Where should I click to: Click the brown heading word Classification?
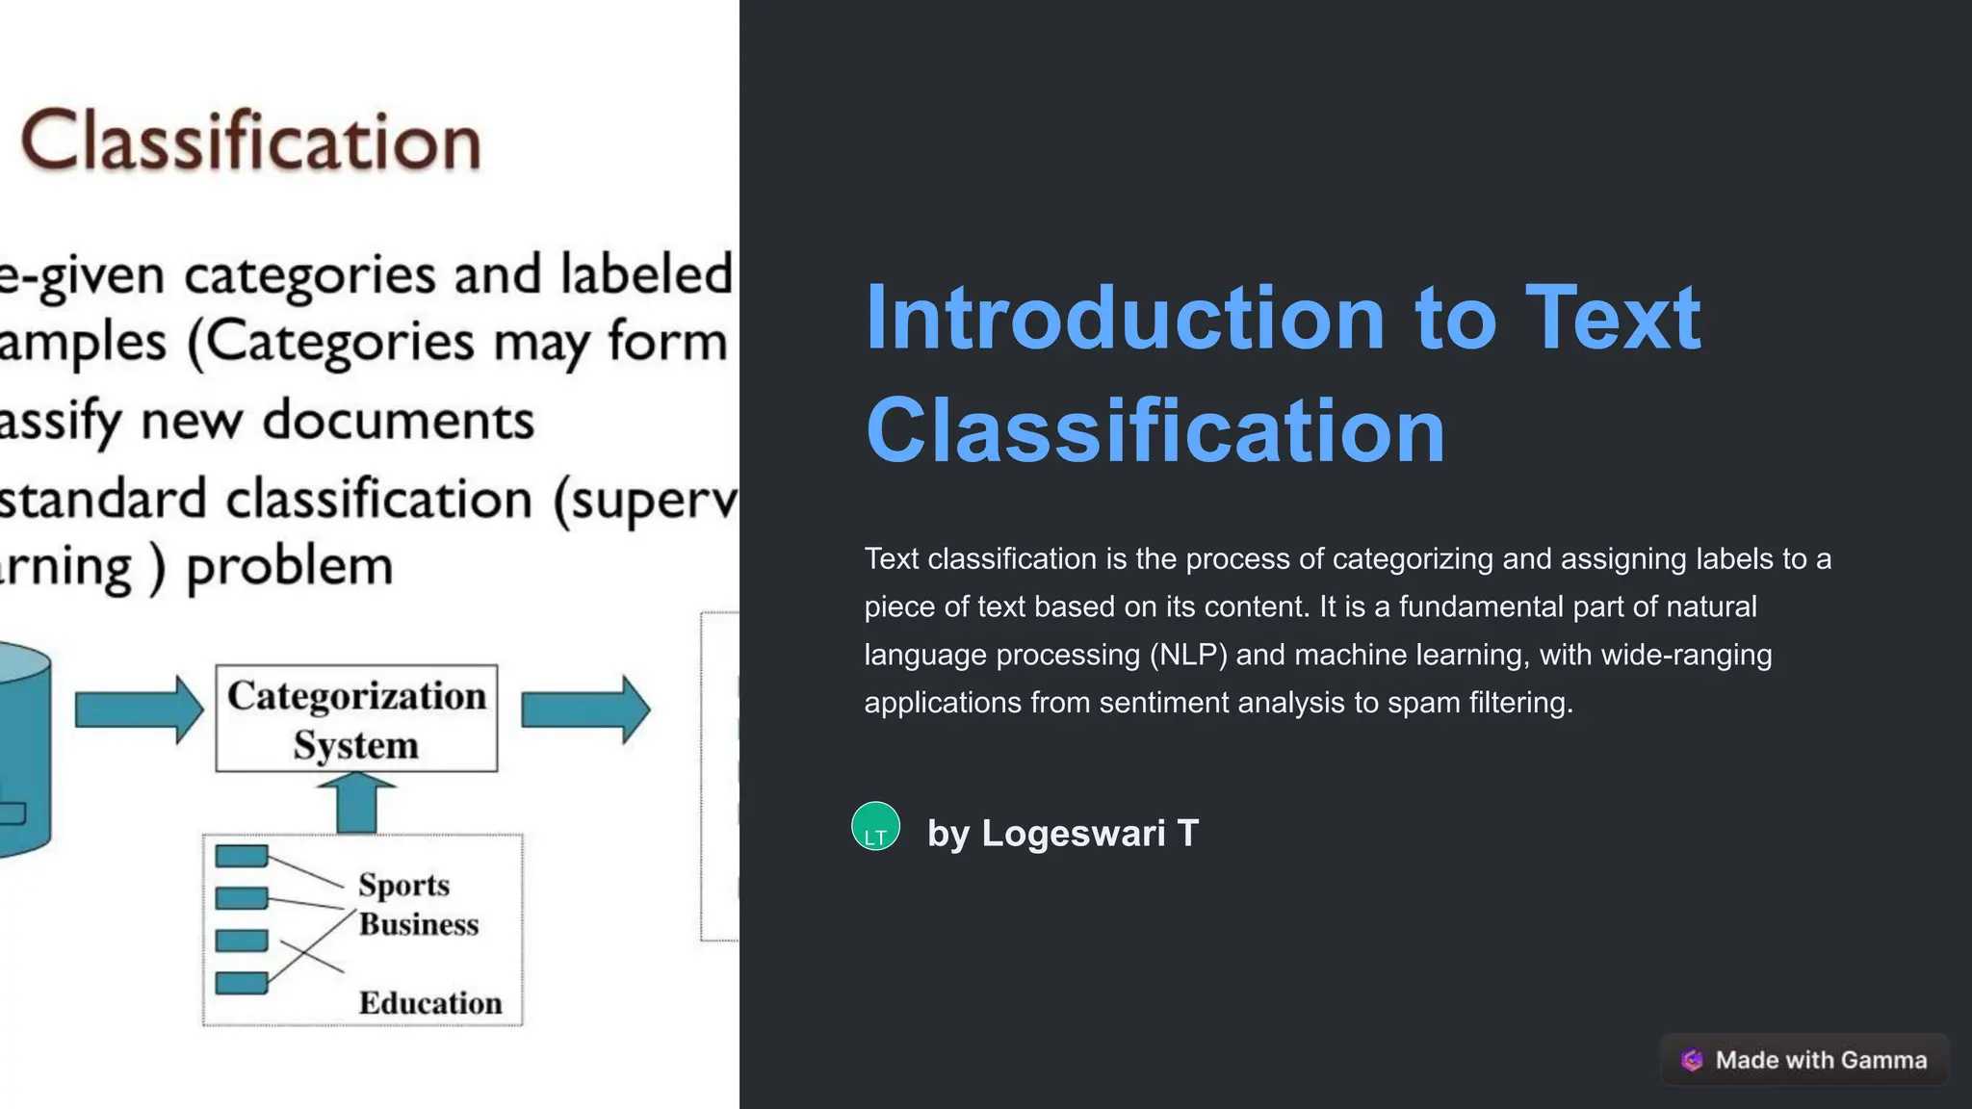coord(250,142)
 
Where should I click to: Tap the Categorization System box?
coord(356,718)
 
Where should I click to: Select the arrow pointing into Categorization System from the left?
coord(139,709)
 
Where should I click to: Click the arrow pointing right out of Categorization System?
coord(585,709)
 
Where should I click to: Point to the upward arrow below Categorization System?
coord(356,804)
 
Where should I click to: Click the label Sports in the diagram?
coord(403,885)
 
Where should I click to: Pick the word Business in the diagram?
coord(419,924)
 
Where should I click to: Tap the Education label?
coord(430,1003)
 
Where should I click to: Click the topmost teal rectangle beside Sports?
coord(242,856)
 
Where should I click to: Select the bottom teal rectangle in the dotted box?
coord(242,983)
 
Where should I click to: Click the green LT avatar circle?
coord(875,826)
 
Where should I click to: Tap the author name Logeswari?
coord(1073,834)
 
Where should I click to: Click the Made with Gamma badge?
coord(1804,1060)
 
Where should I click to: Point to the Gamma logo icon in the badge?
coord(1692,1060)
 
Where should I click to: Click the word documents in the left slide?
coord(398,421)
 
